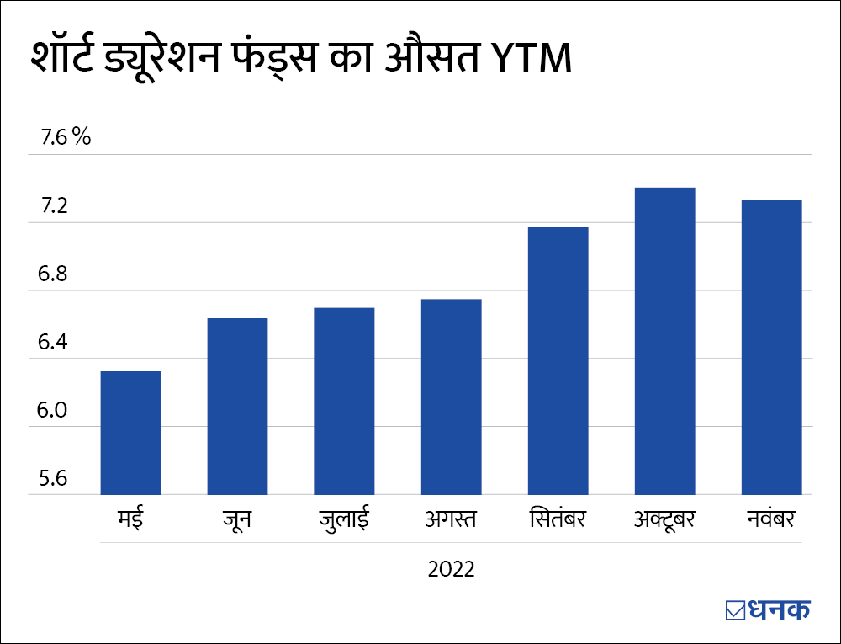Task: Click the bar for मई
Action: (130, 433)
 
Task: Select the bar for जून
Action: (237, 406)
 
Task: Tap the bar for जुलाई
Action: (344, 401)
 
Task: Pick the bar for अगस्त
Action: (451, 397)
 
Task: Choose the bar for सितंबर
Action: (558, 360)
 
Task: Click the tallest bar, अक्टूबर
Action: (664, 341)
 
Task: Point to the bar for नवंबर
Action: (771, 347)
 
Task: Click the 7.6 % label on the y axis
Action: (60, 138)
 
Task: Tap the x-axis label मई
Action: (130, 518)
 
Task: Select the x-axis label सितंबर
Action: (558, 518)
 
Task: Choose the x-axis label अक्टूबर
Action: (664, 518)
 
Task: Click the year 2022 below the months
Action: (452, 569)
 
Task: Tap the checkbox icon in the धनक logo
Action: (734, 609)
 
